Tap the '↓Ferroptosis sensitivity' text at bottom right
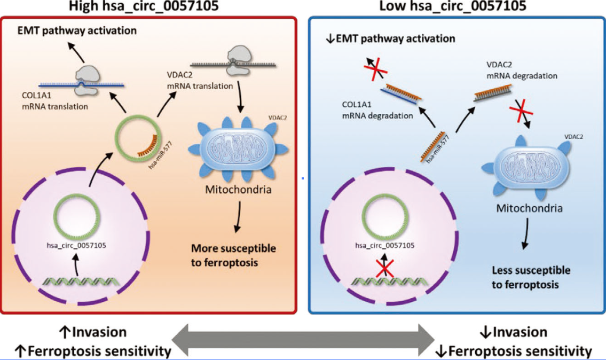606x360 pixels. pos(514,351)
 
